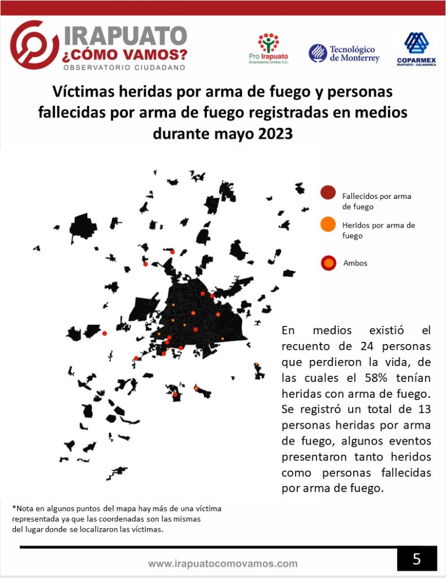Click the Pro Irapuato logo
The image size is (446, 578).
pyautogui.click(x=269, y=48)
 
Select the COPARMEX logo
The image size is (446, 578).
pyautogui.click(x=416, y=49)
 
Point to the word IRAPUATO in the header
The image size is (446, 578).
pyautogui.click(x=125, y=36)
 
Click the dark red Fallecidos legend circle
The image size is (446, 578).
pyautogui.click(x=328, y=193)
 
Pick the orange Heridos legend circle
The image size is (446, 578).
pyautogui.click(x=328, y=224)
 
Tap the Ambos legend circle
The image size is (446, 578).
pyautogui.click(x=328, y=263)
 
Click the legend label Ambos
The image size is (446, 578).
pyautogui.click(x=355, y=263)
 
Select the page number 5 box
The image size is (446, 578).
pyautogui.click(x=417, y=559)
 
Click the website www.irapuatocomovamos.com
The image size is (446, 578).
pyautogui.click(x=223, y=563)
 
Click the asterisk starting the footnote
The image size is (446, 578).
pyautogui.click(x=14, y=508)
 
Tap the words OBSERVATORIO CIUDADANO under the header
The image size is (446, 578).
pyautogui.click(x=124, y=68)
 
